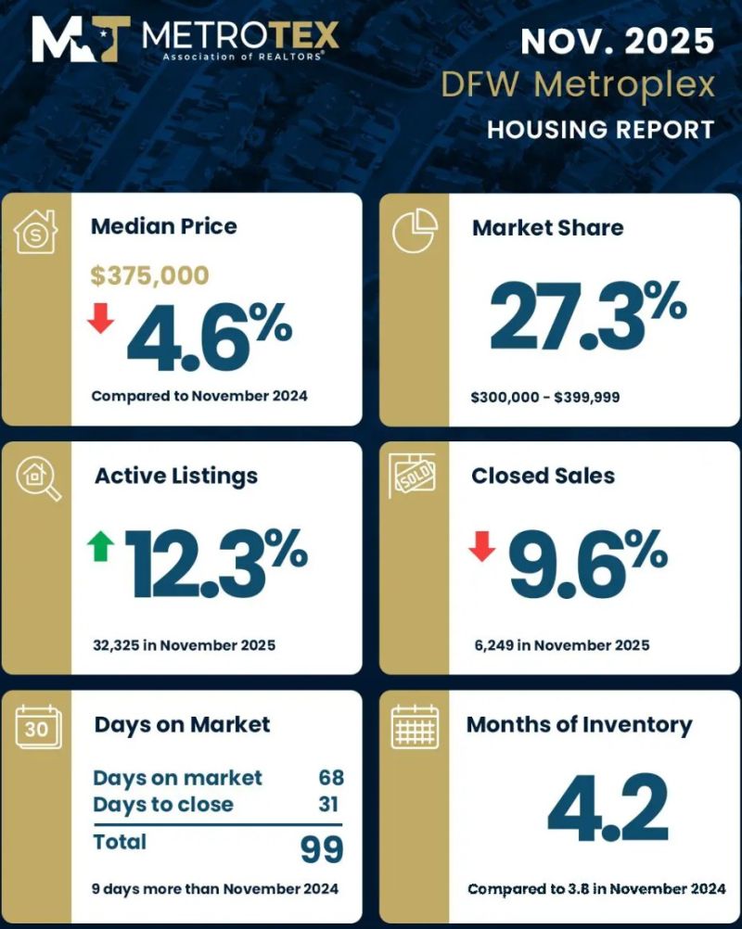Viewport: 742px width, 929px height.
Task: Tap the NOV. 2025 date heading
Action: (618, 42)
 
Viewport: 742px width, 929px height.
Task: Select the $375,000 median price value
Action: (149, 274)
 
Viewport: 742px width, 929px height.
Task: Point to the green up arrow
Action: (100, 546)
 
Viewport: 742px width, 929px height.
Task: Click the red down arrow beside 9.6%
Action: (481, 546)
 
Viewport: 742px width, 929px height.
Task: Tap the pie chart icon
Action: (415, 230)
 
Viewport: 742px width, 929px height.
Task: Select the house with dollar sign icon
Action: (37, 231)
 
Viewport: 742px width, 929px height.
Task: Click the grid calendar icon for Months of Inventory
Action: (415, 726)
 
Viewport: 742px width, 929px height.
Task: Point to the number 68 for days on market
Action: (330, 778)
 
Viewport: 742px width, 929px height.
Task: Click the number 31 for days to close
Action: (328, 804)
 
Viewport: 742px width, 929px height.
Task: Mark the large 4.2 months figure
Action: (608, 807)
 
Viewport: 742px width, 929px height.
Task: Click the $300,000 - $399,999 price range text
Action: (545, 398)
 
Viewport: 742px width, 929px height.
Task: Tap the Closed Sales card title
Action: (543, 476)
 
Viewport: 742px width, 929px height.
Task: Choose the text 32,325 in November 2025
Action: (185, 644)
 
